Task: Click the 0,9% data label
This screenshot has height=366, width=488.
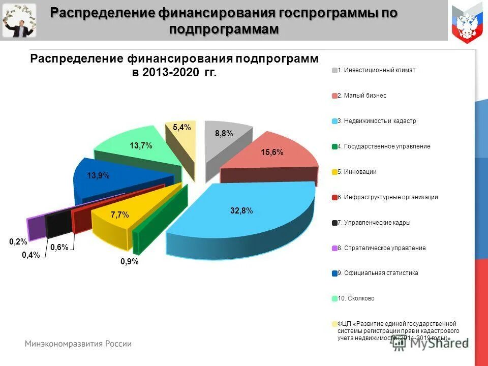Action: tap(129, 262)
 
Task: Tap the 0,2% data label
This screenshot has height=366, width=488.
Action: tap(18, 242)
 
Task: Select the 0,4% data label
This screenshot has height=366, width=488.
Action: tap(30, 255)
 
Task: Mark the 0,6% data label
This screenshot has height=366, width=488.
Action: tap(59, 248)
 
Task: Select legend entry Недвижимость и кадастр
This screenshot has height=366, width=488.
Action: tap(376, 121)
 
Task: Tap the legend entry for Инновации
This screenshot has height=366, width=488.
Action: tap(356, 172)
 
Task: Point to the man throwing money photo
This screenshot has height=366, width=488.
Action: tap(19, 21)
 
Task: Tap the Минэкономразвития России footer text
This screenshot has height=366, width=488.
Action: tap(78, 344)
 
